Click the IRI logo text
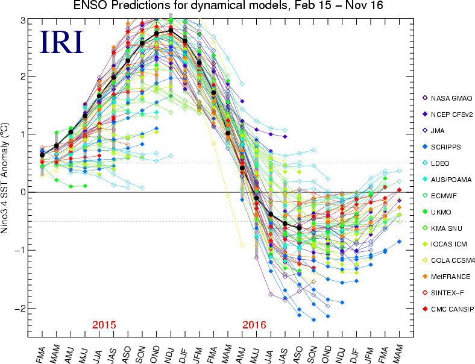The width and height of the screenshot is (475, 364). click(61, 42)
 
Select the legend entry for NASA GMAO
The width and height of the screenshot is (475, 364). click(447, 98)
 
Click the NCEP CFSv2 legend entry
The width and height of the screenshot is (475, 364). click(448, 115)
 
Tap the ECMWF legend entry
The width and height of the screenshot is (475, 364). click(439, 196)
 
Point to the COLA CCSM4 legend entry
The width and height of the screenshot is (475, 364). click(448, 261)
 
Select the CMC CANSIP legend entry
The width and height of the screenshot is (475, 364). click(448, 309)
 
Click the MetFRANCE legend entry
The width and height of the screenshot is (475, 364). click(446, 277)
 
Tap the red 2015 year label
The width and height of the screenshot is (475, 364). click(104, 325)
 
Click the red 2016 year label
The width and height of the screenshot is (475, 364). click(254, 325)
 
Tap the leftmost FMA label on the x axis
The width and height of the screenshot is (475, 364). click(41, 353)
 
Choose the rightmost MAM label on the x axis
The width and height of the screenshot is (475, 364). click(398, 353)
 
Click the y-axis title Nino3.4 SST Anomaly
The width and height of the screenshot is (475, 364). click(5, 178)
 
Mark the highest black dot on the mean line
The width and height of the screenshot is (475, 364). click(171, 30)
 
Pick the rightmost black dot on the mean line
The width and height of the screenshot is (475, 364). click(300, 228)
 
